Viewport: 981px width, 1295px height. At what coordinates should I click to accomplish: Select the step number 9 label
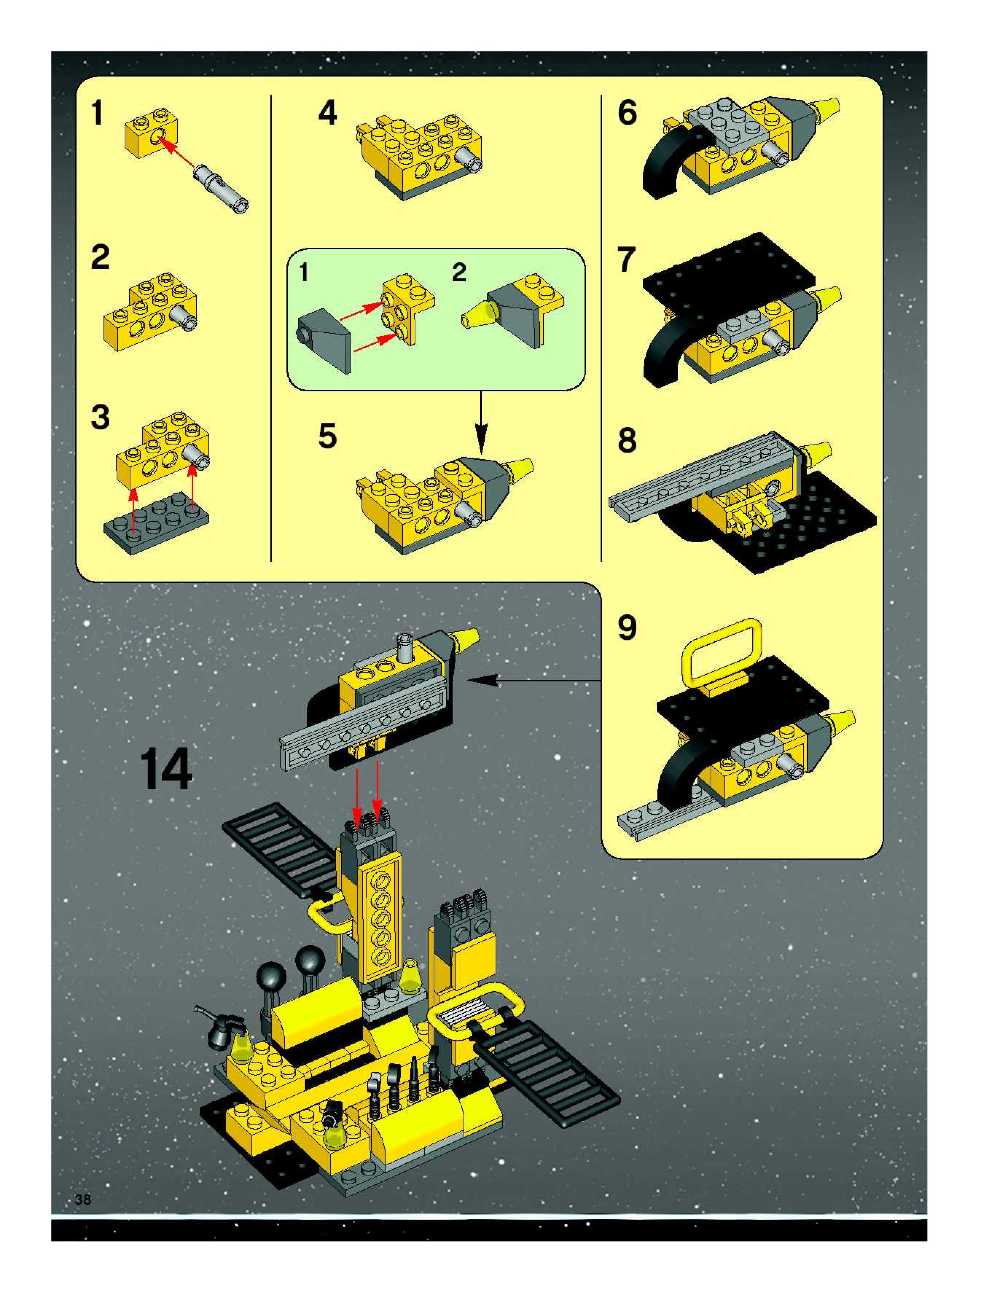click(x=627, y=628)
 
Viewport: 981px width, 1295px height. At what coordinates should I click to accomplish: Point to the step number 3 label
click(x=100, y=417)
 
